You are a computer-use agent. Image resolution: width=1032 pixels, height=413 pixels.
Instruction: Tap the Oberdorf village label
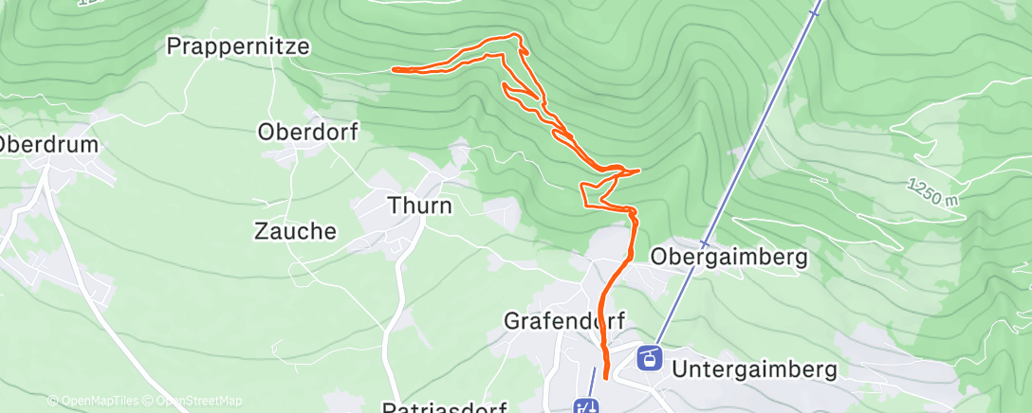click(x=307, y=133)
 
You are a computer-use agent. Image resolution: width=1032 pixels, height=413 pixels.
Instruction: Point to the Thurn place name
click(x=419, y=205)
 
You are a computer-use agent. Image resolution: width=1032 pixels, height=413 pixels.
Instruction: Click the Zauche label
click(x=295, y=231)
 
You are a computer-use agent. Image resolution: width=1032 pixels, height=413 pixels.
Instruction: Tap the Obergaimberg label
click(x=728, y=257)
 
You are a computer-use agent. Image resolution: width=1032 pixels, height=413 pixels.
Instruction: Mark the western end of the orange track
click(x=394, y=69)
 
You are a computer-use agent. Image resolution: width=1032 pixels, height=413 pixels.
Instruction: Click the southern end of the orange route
click(x=605, y=379)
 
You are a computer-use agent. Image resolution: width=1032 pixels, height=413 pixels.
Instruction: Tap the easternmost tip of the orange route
click(x=639, y=171)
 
